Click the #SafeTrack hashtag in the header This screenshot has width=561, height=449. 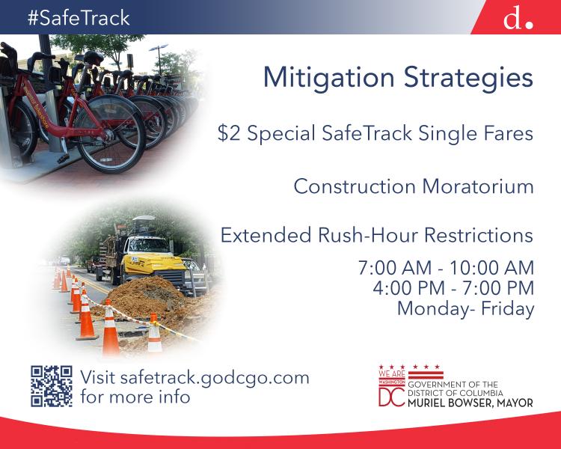79,18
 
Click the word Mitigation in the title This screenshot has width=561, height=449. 329,78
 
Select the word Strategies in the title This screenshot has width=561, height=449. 469,78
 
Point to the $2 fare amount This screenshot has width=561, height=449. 229,133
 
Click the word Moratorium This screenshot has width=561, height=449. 478,186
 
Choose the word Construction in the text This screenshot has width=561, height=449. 355,186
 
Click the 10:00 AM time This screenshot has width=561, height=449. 491,268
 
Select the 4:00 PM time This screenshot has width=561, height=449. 408,288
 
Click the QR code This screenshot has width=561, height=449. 52,386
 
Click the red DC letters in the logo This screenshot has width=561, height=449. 392,397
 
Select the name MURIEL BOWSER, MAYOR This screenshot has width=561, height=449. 470,403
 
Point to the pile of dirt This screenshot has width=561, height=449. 150,297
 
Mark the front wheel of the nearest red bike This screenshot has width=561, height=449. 109,134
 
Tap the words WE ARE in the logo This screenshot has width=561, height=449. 392,374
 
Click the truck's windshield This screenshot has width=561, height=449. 149,245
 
